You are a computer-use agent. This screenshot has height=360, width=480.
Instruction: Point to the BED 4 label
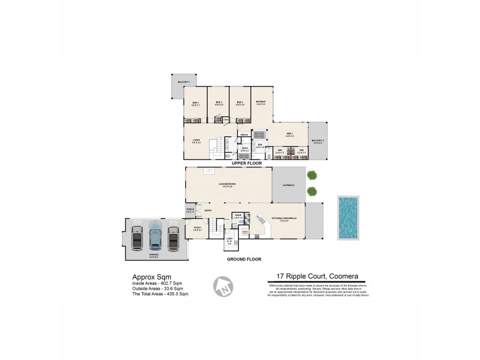196,103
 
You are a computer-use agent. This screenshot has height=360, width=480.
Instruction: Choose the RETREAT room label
260,102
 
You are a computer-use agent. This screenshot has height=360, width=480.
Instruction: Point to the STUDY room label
197,228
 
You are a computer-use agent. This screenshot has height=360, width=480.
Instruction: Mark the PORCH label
190,209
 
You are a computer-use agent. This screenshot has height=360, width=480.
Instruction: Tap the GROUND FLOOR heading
244,259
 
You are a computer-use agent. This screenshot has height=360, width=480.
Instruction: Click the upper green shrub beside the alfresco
311,175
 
